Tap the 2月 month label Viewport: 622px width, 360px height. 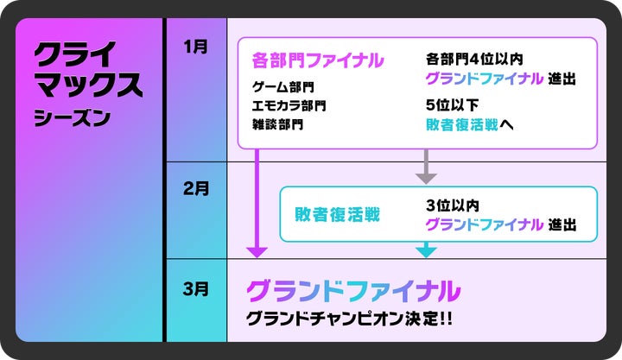(196, 188)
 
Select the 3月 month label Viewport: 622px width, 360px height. (196, 288)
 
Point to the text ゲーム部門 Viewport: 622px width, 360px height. (282, 87)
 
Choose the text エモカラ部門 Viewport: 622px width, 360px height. (289, 105)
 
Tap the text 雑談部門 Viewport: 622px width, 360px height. (276, 123)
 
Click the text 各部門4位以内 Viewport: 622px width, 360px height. (474, 59)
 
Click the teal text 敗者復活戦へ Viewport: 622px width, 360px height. (470, 124)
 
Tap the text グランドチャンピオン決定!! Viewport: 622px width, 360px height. (349, 318)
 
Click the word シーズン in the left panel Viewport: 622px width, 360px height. (72, 117)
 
